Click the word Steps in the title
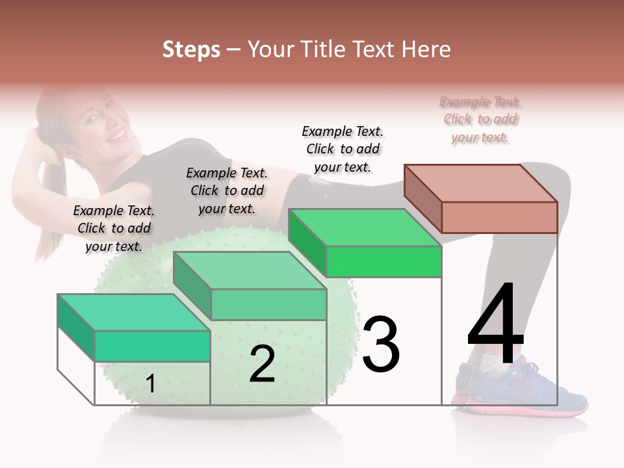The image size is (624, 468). pos(191,49)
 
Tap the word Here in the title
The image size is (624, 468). pos(427,49)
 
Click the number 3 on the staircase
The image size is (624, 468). pos(381,344)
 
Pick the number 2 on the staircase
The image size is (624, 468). pos(262,363)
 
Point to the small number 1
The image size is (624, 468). pos(150,383)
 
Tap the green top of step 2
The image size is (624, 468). pos(250,270)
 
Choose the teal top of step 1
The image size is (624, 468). pos(134,313)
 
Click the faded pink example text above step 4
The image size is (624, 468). pos(481,120)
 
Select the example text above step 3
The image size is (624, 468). pos(343,149)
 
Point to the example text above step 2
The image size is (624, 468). pos(227,190)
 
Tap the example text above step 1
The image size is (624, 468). pos(114,228)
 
